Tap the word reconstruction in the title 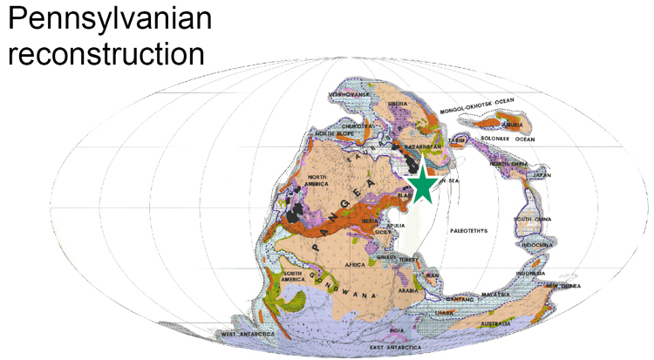point(106,52)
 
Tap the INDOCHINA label point(542,245)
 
